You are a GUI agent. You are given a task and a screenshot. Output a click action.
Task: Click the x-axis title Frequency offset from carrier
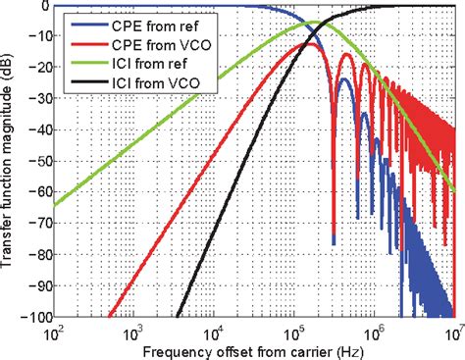click(x=253, y=349)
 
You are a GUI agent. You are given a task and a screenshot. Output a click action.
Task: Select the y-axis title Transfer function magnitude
click(x=12, y=162)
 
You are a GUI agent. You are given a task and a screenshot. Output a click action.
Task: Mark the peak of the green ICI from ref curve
click(x=315, y=23)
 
